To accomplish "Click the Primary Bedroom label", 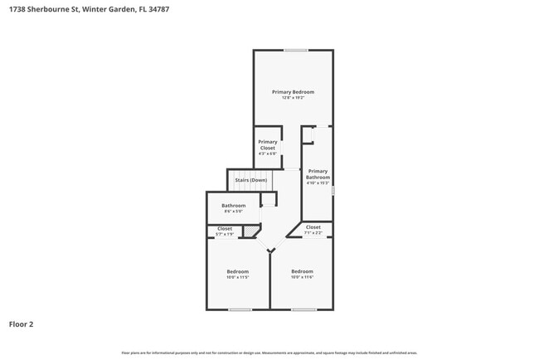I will (294, 91).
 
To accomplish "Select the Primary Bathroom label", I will (318, 174).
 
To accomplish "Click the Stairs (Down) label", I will (250, 180).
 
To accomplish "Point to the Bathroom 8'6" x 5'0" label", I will (233, 206).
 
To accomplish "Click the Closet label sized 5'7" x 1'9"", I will (225, 228).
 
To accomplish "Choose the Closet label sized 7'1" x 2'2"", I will (313, 227).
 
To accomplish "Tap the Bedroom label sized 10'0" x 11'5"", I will (238, 271).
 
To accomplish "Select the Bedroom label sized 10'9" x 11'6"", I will (302, 271).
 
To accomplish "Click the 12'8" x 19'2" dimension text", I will (294, 98).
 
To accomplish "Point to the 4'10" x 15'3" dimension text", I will (318, 183).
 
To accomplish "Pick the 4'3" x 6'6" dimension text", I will (268, 153).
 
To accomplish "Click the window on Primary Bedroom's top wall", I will (296, 50).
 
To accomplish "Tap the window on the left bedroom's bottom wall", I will (240, 310).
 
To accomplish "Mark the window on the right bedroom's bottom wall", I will (303, 310).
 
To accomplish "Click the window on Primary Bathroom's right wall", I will (333, 190).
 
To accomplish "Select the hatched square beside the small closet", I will (250, 231).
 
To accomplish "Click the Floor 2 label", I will (22, 324).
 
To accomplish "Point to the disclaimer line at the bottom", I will (269, 353).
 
